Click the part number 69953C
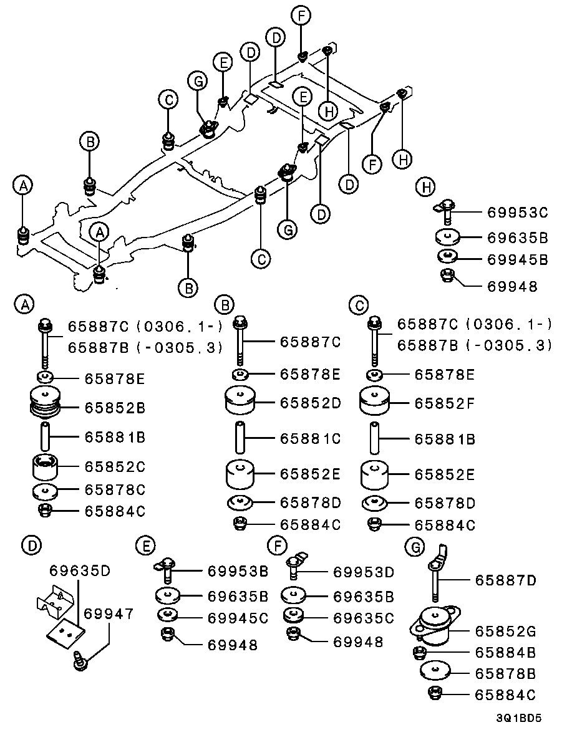517,213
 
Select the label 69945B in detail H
517,259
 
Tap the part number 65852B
115,408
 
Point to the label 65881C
310,439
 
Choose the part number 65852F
445,403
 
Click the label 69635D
80,570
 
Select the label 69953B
238,571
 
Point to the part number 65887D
506,580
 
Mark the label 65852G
506,631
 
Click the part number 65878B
506,673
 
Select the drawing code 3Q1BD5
519,718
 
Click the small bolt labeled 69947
79,661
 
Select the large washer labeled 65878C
46,491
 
